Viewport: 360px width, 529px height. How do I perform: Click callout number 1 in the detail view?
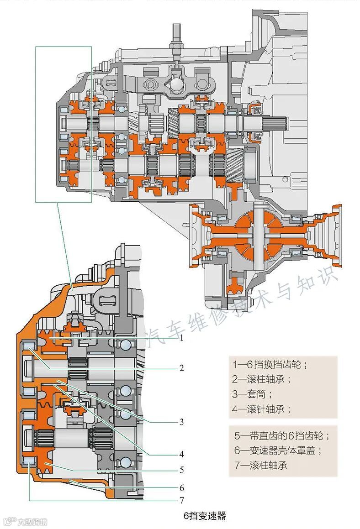pos(181,339)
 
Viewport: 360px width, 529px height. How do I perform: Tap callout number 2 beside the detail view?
pos(181,368)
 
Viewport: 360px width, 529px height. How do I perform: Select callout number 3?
pos(181,422)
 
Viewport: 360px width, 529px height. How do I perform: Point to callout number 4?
pos(181,454)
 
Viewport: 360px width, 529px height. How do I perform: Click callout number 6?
pos(181,487)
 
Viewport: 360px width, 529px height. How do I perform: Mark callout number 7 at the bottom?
pos(181,500)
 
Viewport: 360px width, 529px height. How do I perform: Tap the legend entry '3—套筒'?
pos(252,394)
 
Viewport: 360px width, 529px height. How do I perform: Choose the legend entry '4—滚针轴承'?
pos(261,409)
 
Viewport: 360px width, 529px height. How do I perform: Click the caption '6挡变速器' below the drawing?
pos(205,517)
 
